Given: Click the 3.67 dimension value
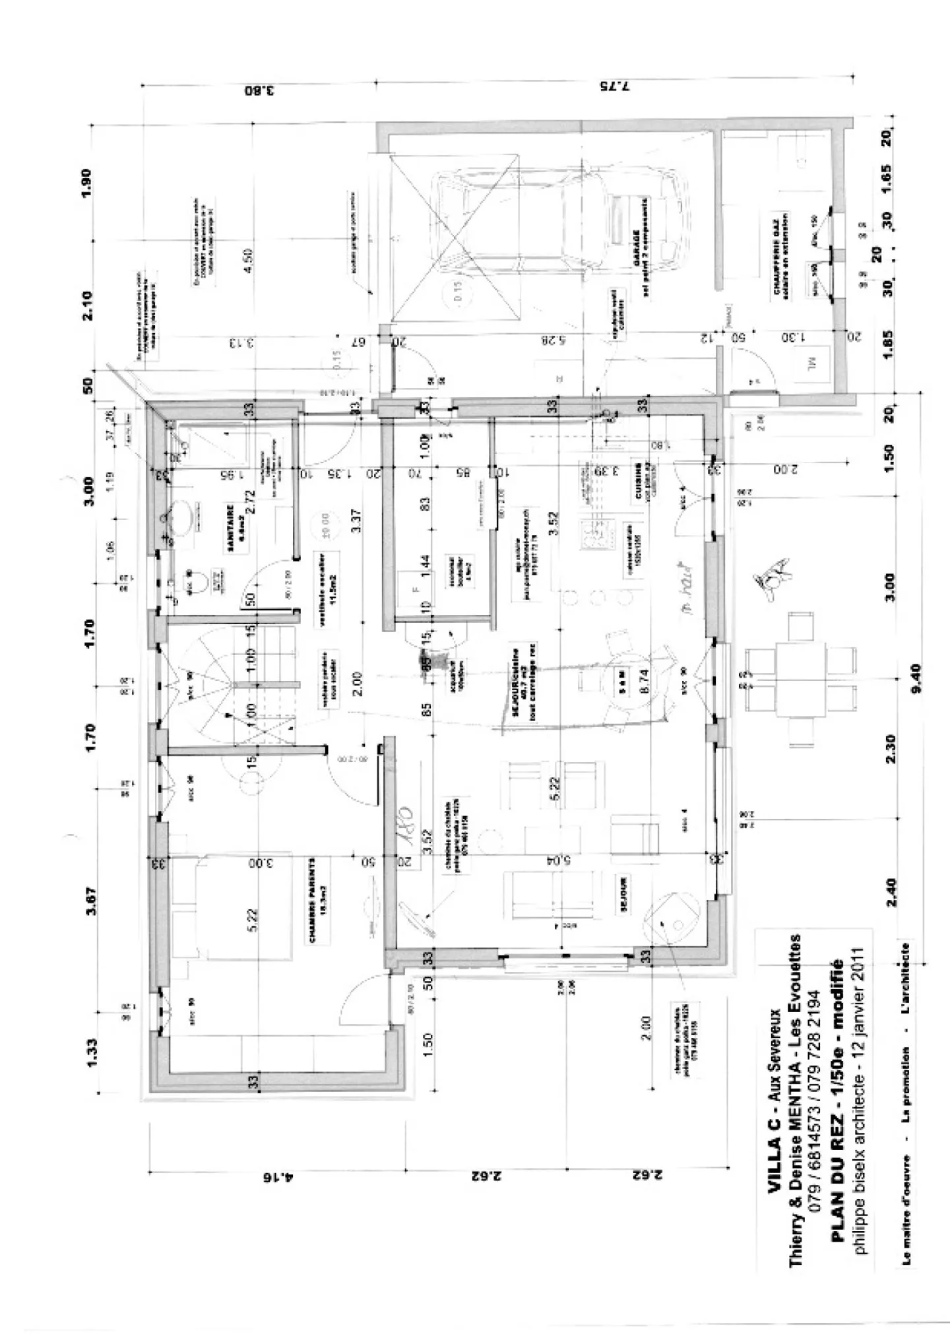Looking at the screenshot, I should (x=92, y=901).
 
